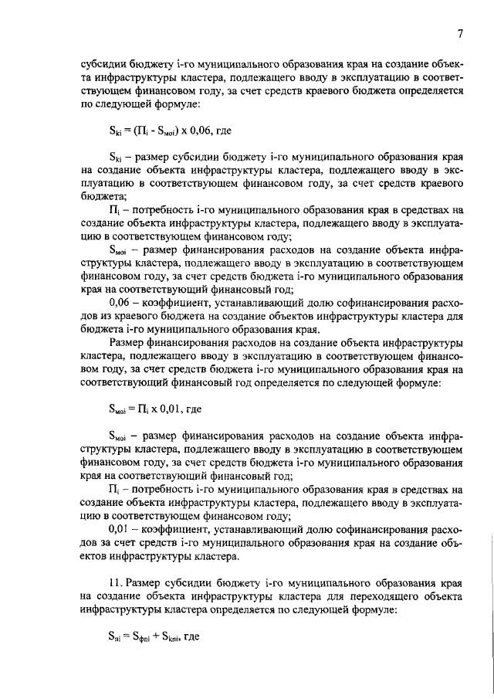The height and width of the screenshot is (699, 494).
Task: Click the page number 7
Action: (x=459, y=33)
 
